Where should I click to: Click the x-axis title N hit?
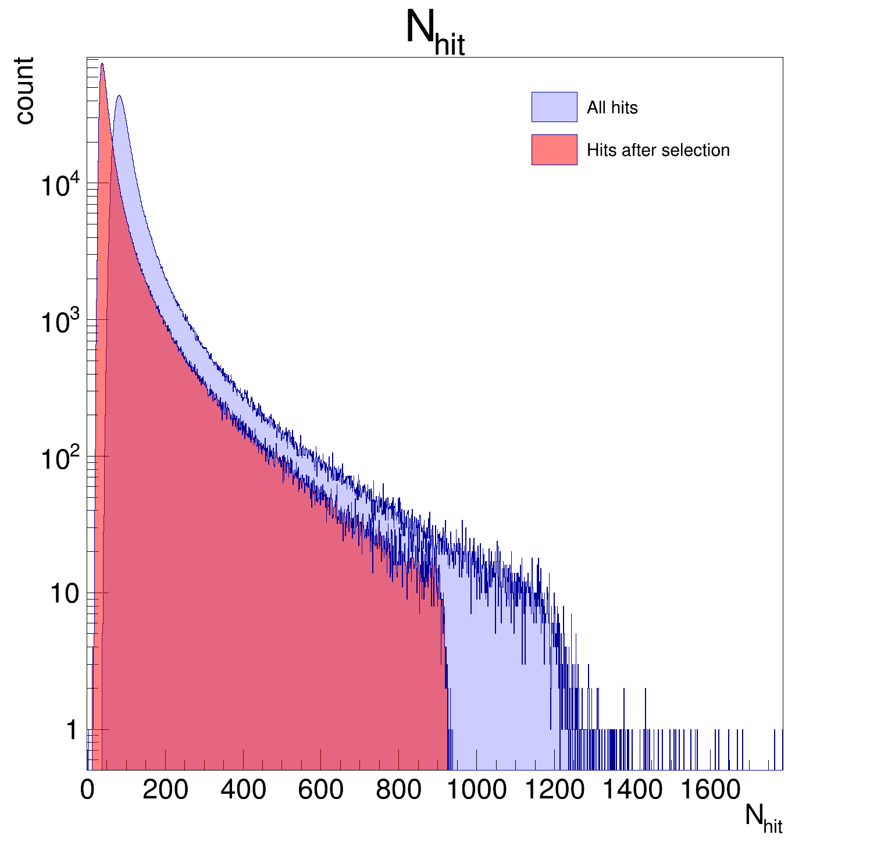[763, 819]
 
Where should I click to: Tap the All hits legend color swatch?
[554, 107]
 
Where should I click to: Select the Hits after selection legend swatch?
[554, 150]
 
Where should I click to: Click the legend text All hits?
[612, 108]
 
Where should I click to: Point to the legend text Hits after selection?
[658, 150]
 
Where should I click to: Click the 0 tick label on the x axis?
[87, 790]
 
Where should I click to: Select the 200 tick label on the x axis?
[165, 790]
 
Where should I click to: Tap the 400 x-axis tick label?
[243, 790]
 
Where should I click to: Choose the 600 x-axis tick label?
[321, 790]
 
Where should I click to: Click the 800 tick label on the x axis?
[399, 790]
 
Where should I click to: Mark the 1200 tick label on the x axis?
[555, 790]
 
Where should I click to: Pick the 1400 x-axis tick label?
[632, 790]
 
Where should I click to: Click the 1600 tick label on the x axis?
[710, 790]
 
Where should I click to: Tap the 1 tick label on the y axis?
[72, 730]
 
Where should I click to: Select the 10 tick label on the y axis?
[64, 594]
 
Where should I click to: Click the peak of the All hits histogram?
[119, 96]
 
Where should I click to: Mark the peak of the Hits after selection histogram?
[102, 64]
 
